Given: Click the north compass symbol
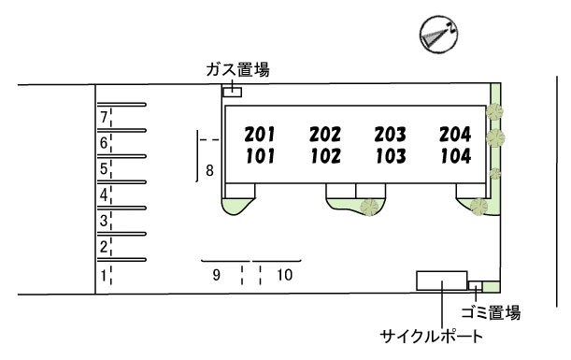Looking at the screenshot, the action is [438, 35].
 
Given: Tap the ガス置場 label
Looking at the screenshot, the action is [237, 69].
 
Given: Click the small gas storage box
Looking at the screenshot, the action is [233, 93].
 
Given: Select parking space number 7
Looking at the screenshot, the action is [104, 117].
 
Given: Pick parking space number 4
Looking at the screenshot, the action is [104, 194].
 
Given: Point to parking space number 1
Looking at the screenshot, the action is [104, 276].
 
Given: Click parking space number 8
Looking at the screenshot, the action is [209, 170].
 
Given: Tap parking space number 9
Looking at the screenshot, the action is [216, 275].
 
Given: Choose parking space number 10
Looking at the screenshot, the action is [284, 275].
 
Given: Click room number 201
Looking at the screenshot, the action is [260, 135].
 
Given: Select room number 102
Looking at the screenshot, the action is [325, 156].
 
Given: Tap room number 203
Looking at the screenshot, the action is [390, 135].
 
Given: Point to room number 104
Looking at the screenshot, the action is [455, 156].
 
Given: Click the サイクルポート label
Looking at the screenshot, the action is [432, 336].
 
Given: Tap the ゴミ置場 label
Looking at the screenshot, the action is [491, 313].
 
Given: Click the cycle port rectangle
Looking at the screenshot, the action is [442, 281].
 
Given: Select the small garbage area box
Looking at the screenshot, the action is [476, 286].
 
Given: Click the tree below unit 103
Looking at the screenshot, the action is [370, 207].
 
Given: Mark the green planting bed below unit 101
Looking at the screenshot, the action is [236, 206].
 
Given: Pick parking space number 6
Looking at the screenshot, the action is [104, 143].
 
